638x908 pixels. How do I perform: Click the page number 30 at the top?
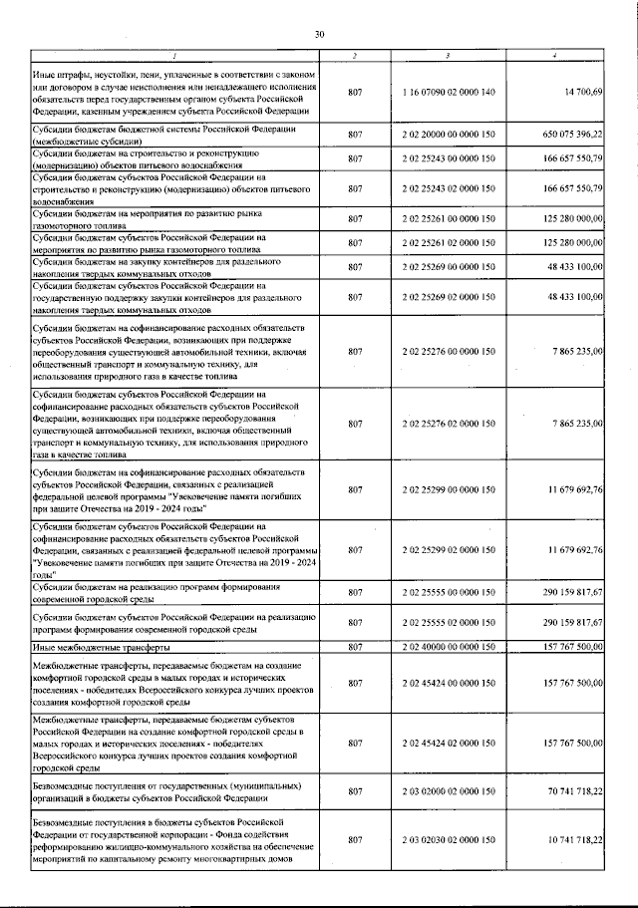(x=320, y=36)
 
